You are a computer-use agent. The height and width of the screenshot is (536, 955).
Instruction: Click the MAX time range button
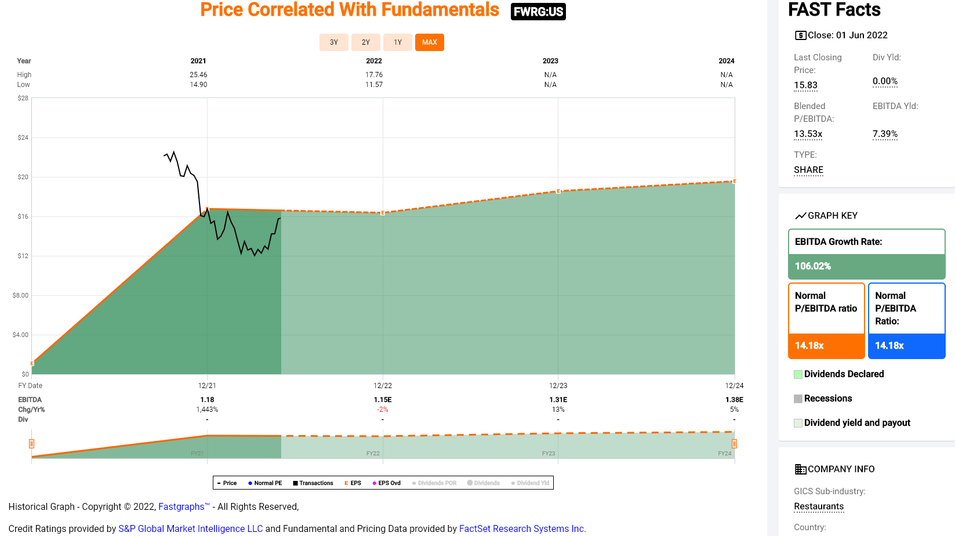[429, 42]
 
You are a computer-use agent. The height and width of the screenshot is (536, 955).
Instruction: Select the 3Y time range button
[333, 42]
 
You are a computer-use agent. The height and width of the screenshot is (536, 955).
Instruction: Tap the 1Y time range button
[397, 42]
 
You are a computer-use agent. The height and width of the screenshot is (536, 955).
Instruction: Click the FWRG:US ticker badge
[538, 12]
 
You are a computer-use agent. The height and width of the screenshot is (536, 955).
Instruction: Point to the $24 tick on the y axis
[23, 137]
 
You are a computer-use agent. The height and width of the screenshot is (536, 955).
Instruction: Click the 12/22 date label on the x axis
[382, 386]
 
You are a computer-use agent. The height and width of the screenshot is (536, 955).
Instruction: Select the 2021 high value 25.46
[198, 75]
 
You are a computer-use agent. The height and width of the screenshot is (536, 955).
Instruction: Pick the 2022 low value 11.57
[373, 85]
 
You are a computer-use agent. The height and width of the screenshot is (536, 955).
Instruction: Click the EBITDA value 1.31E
[558, 400]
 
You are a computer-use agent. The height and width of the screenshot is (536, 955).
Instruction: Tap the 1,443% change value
[207, 410]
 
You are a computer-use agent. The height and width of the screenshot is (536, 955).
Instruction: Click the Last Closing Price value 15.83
[805, 85]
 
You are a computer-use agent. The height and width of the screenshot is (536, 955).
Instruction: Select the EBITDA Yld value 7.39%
[885, 134]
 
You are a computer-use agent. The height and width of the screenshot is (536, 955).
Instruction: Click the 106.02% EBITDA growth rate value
[812, 266]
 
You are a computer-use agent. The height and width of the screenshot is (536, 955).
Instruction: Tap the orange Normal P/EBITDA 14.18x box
[826, 346]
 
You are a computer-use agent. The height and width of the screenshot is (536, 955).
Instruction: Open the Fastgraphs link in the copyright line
[181, 507]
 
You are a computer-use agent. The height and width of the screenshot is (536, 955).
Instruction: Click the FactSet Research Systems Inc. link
[522, 529]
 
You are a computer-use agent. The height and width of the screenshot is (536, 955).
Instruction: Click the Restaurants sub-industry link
[818, 506]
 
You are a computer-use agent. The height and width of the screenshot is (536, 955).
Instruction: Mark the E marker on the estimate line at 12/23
[558, 191]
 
